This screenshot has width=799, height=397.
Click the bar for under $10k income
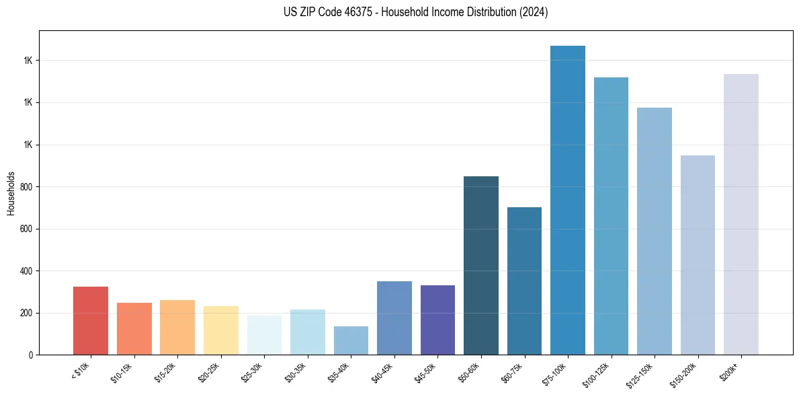coord(91,320)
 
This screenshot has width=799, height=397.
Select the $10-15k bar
coord(134,328)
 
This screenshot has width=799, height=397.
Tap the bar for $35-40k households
coord(351,340)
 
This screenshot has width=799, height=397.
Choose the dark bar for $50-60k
coord(481,265)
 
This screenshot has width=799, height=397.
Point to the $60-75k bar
coord(524,281)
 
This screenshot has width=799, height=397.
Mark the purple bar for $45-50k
coord(437,320)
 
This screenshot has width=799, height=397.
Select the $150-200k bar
coord(698,255)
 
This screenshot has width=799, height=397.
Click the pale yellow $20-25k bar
coord(221,330)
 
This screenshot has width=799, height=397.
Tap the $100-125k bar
coord(611,216)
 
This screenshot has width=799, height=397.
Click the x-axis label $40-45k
coord(382,373)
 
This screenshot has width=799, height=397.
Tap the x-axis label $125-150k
coord(640,375)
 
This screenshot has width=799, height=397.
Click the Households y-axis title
coord(11,192)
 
